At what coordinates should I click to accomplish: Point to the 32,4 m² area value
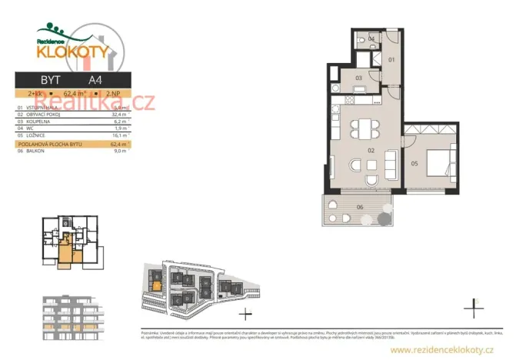[x=119, y=114]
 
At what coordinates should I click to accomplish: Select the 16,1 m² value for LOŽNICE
[x=119, y=135]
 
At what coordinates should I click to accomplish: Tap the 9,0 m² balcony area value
[x=120, y=151]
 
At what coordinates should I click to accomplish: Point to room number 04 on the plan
[x=371, y=38]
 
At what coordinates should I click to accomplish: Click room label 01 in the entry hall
[x=390, y=59]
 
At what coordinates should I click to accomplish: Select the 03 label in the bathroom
[x=358, y=78]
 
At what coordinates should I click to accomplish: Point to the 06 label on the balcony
[x=359, y=206]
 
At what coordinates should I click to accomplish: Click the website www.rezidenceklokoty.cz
[x=441, y=350]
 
